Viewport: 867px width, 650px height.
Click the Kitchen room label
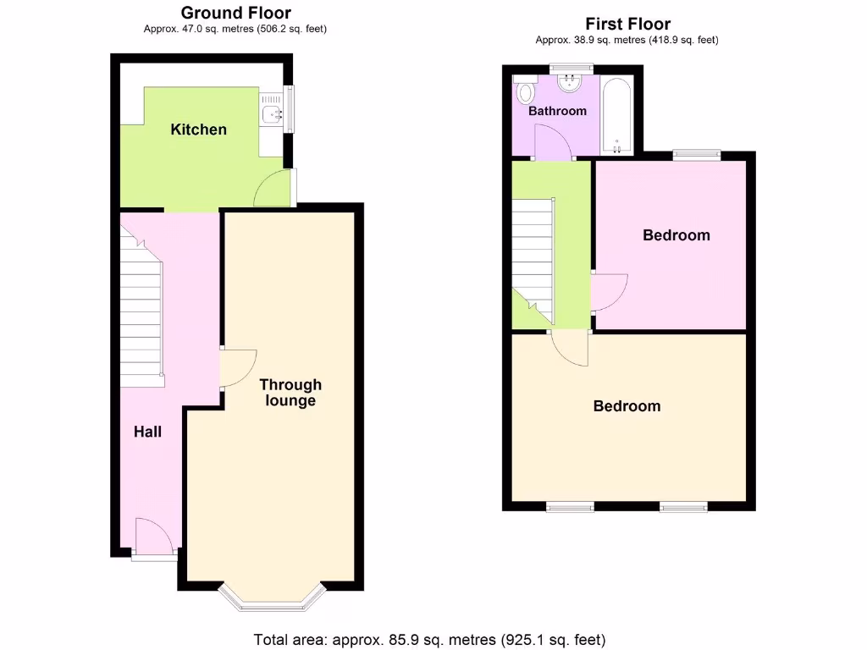tap(199, 129)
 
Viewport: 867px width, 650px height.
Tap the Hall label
tap(147, 432)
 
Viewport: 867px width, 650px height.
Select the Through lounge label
tap(290, 393)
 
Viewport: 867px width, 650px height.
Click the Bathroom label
tap(557, 111)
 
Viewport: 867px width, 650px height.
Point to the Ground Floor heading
tap(235, 13)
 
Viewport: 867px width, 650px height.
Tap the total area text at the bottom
tap(430, 640)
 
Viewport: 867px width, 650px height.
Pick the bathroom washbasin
tap(571, 83)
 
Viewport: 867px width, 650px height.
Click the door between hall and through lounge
tap(236, 368)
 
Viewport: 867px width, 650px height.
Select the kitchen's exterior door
tap(274, 190)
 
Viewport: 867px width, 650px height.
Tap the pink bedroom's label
tap(676, 235)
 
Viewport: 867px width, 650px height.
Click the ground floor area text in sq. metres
tap(235, 29)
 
